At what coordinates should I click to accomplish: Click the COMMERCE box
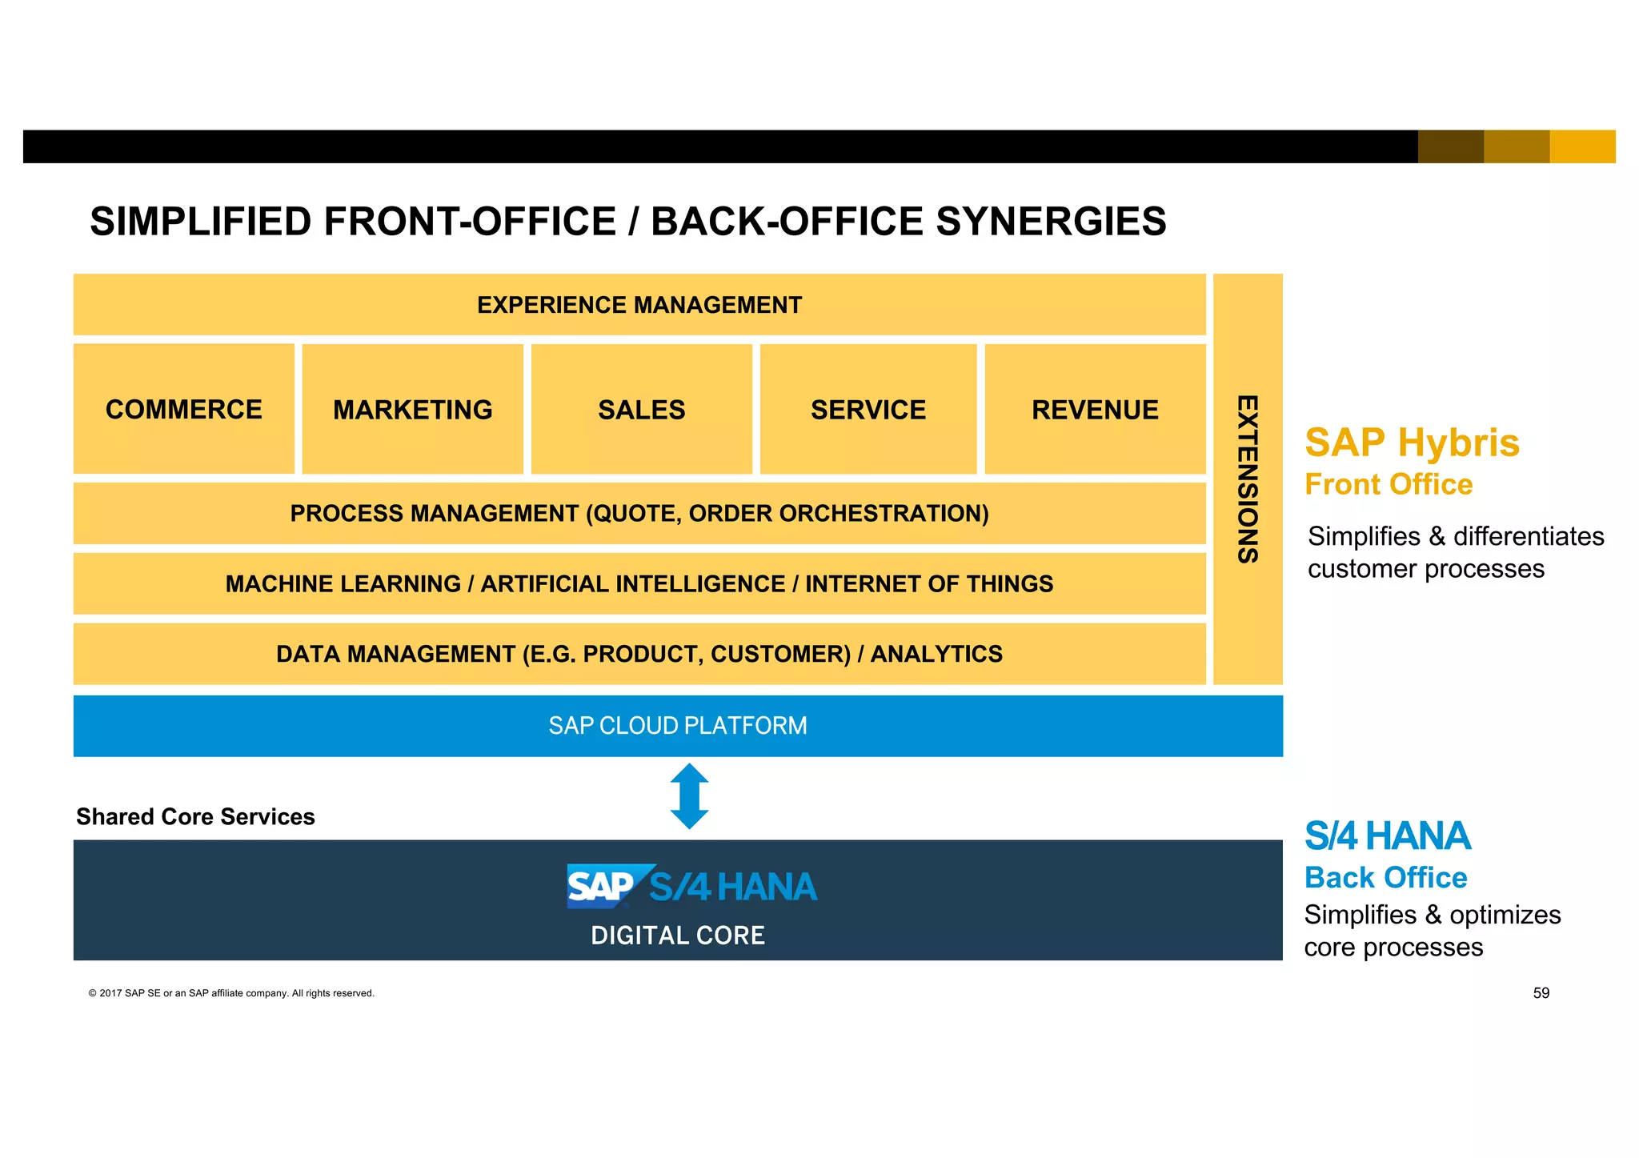click(x=183, y=409)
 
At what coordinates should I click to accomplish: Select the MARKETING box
click(x=412, y=410)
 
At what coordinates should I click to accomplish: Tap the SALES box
click(x=641, y=410)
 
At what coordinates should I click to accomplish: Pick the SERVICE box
click(x=868, y=410)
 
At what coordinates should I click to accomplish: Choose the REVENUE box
click(x=1094, y=410)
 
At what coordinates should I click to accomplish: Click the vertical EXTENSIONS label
click(x=1247, y=479)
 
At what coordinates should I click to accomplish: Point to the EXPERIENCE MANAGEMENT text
click(x=639, y=305)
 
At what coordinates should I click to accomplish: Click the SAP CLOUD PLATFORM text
click(x=677, y=725)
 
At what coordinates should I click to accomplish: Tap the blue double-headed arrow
click(x=689, y=796)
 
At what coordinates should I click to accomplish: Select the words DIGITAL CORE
click(x=677, y=935)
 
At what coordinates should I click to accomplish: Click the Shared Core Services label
click(x=195, y=816)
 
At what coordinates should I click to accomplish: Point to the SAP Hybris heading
click(x=1412, y=443)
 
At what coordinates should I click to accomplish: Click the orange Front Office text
click(x=1388, y=484)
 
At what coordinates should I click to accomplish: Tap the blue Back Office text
click(x=1385, y=878)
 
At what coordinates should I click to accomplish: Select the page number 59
click(x=1541, y=993)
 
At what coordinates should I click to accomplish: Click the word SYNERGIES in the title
click(x=1051, y=222)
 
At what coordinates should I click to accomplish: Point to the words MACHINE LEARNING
click(x=343, y=583)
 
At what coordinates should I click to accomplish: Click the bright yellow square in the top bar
click(x=1582, y=146)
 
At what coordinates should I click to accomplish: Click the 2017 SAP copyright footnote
click(x=231, y=993)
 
